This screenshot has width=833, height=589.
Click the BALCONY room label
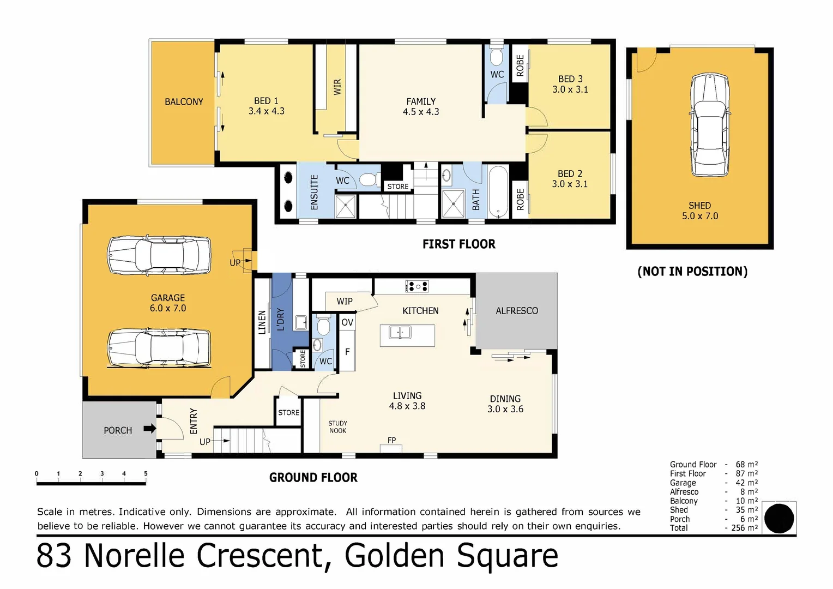pyautogui.click(x=184, y=102)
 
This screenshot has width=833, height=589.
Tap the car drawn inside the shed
pyautogui.click(x=710, y=125)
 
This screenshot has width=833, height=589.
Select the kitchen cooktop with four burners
pyautogui.click(x=417, y=286)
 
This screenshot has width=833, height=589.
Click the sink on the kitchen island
pyautogui.click(x=400, y=332)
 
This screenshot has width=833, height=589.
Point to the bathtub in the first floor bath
pyautogui.click(x=498, y=192)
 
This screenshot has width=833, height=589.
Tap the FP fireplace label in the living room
pyautogui.click(x=391, y=440)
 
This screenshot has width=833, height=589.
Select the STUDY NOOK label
pyautogui.click(x=337, y=427)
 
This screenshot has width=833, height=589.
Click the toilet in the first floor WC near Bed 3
pyautogui.click(x=497, y=57)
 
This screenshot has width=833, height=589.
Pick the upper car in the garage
pyautogui.click(x=159, y=255)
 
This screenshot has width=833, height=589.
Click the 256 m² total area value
pyautogui.click(x=745, y=528)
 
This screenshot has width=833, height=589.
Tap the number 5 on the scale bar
pyautogui.click(x=146, y=473)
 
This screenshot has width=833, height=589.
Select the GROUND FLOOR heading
pyautogui.click(x=313, y=478)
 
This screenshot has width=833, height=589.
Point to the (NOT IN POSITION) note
pyautogui.click(x=692, y=272)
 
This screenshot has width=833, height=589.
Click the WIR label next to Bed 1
pyautogui.click(x=337, y=87)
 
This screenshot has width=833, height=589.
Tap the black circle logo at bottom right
pyautogui.click(x=779, y=518)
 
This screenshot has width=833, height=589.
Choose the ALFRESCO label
pyautogui.click(x=516, y=311)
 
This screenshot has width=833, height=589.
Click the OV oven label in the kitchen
pyautogui.click(x=347, y=322)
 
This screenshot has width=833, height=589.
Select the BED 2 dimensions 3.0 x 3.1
pyautogui.click(x=570, y=184)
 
